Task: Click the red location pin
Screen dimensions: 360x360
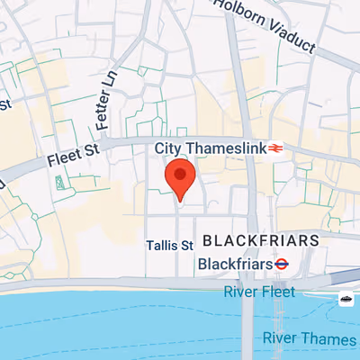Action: click(x=180, y=178)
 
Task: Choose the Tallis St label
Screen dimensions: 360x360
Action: click(x=169, y=245)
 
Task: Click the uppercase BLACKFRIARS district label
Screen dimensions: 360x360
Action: click(x=261, y=241)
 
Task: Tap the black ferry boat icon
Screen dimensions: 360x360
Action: click(x=346, y=298)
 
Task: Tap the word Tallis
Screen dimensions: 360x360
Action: click(x=161, y=245)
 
